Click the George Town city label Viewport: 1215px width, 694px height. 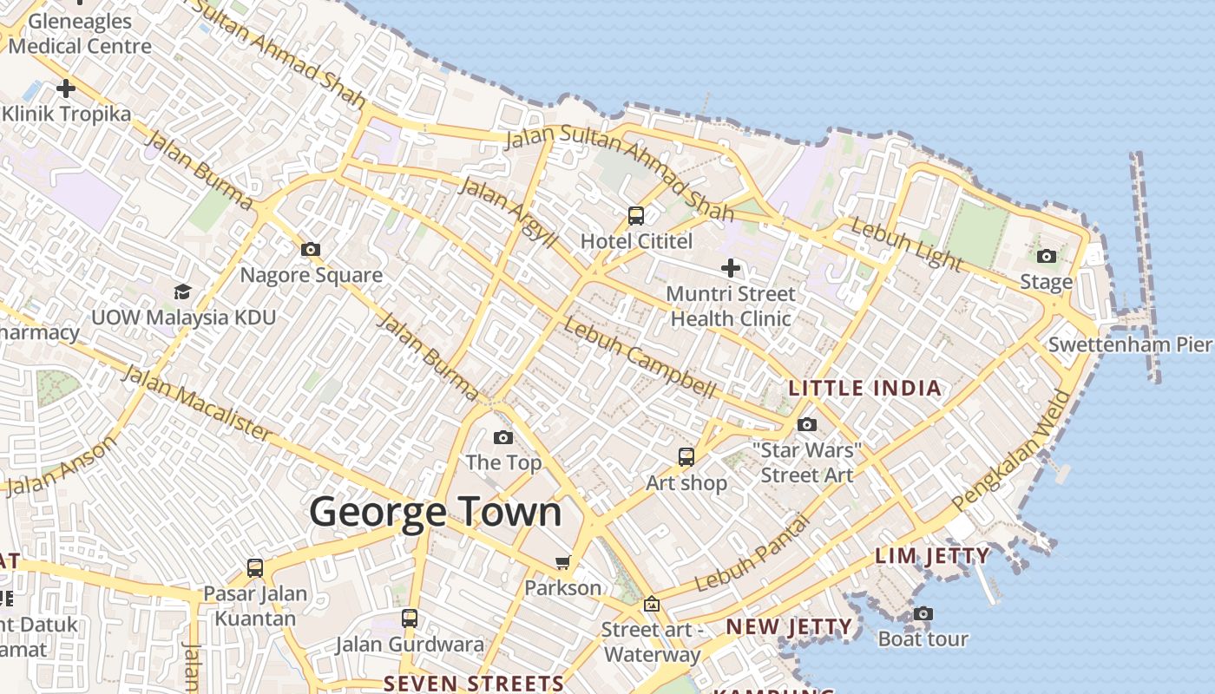tap(436, 512)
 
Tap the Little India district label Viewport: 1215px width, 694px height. tap(864, 388)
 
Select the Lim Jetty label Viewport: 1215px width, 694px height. tap(932, 556)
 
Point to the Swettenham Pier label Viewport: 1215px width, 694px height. tap(1129, 344)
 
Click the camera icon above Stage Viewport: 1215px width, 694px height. tap(1047, 256)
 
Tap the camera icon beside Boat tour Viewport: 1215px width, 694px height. tap(923, 614)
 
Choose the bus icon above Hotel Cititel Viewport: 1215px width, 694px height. tap(636, 215)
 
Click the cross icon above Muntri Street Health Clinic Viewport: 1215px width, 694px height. tap(731, 268)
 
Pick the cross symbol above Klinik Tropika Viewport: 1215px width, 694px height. tap(66, 88)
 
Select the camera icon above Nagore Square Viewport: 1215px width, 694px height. tap(310, 250)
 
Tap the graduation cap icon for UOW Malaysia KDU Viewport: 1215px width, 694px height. tap(182, 291)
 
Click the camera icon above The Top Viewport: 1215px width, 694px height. tap(502, 437)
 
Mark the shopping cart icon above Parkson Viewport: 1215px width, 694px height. tap(562, 563)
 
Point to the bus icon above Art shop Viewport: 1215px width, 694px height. tap(686, 456)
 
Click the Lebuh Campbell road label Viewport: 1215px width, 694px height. tap(640, 358)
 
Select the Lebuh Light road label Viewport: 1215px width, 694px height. tap(907, 244)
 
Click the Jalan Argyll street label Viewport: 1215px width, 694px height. tap(508, 212)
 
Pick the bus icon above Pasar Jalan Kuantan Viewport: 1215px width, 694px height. tap(255, 568)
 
